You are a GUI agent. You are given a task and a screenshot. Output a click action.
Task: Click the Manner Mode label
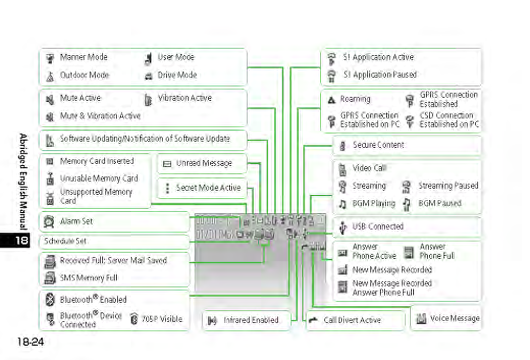(83, 57)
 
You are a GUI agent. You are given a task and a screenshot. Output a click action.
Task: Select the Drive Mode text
(177, 75)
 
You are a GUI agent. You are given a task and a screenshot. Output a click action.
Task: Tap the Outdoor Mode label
(85, 75)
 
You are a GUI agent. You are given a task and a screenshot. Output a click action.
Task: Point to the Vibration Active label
(184, 98)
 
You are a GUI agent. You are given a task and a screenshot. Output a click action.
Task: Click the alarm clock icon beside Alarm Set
(50, 222)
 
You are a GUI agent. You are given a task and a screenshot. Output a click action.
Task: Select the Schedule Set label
(66, 241)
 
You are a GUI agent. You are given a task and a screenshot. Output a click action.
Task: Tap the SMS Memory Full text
(88, 278)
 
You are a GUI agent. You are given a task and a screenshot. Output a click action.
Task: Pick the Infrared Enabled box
(244, 320)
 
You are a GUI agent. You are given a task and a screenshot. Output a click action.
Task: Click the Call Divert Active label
(351, 320)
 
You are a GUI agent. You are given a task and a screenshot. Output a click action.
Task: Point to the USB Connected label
(378, 226)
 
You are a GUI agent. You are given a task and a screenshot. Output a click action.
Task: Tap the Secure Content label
(378, 145)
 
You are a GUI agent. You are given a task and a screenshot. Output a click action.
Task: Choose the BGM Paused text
(440, 204)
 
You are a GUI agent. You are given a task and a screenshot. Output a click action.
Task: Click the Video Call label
(369, 168)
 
